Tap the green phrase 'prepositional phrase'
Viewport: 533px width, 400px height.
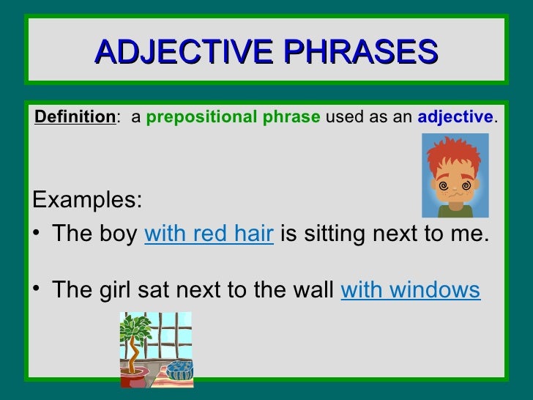point(233,117)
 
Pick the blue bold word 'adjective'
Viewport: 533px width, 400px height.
point(455,117)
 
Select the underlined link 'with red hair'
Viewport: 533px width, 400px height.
point(209,234)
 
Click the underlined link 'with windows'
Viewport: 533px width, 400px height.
point(411,290)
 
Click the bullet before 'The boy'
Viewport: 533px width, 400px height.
point(37,235)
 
